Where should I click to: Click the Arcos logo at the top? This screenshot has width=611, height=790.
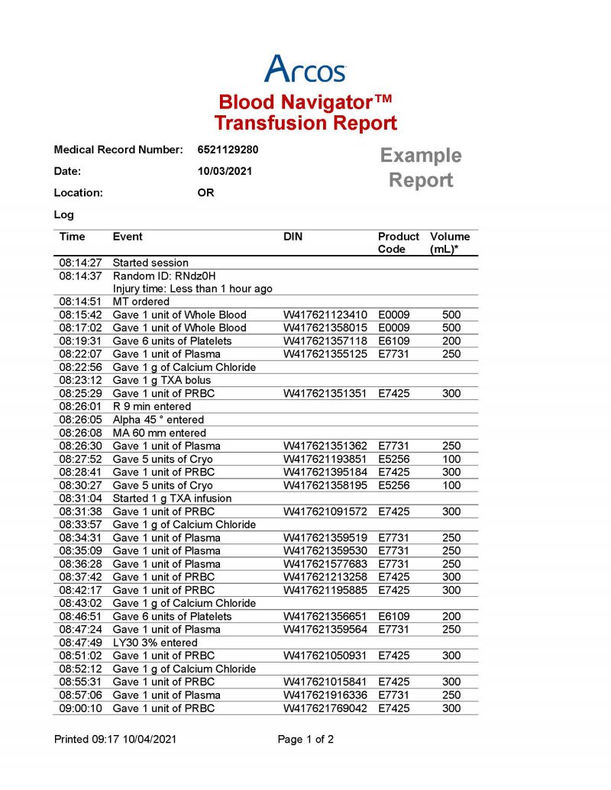[305, 69]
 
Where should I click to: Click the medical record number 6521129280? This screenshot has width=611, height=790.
[228, 150]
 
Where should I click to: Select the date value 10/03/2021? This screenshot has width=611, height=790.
[225, 172]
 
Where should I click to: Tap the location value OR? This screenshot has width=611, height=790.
[205, 193]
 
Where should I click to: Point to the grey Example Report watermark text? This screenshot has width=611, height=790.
[421, 168]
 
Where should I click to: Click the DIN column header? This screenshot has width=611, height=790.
[293, 237]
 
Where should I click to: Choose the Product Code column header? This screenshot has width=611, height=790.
[398, 243]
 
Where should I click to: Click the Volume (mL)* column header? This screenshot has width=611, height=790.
[450, 243]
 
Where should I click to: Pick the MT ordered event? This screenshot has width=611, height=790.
[141, 301]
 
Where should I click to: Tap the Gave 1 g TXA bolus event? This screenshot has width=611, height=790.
[161, 380]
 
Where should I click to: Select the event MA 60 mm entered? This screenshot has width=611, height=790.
[158, 433]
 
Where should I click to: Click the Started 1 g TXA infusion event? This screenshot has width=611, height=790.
[172, 498]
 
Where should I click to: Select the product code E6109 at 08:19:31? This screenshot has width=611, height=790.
[394, 340]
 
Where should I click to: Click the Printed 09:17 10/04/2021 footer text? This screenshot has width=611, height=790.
[117, 740]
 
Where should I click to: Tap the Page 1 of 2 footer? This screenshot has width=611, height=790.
[305, 740]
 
